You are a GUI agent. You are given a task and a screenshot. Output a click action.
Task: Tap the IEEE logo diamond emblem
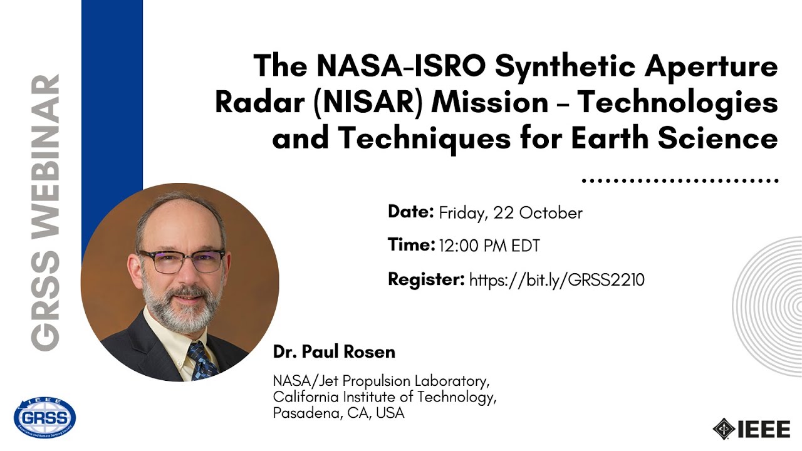pyautogui.click(x=724, y=428)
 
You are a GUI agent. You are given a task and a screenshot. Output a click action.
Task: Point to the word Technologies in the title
pyautogui.click(x=677, y=103)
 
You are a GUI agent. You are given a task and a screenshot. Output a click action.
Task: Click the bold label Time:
pyautogui.click(x=411, y=245)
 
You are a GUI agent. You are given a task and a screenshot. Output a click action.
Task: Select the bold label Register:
pyautogui.click(x=426, y=279)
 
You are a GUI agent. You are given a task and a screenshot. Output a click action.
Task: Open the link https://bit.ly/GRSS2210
pyautogui.click(x=556, y=279)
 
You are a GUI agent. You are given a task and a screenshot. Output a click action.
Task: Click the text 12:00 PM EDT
pyautogui.click(x=489, y=246)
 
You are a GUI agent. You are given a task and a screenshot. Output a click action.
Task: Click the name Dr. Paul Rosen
pyautogui.click(x=334, y=352)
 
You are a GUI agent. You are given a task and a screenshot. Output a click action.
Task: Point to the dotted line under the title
pyautogui.click(x=679, y=180)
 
